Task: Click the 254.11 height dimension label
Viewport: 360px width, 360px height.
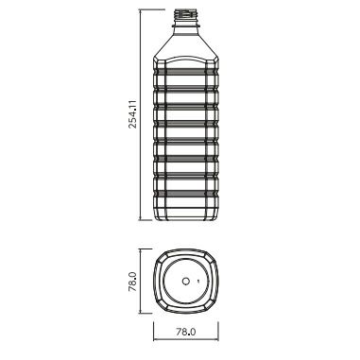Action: pyautogui.click(x=133, y=114)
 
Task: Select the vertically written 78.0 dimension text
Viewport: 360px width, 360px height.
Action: pyautogui.click(x=132, y=282)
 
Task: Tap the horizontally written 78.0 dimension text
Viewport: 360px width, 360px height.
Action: pyautogui.click(x=186, y=332)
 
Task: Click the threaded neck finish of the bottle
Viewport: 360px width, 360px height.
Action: pyautogui.click(x=186, y=16)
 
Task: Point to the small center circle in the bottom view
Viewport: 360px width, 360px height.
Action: pyautogui.click(x=186, y=281)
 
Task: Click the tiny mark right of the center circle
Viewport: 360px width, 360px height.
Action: pyautogui.click(x=198, y=281)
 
